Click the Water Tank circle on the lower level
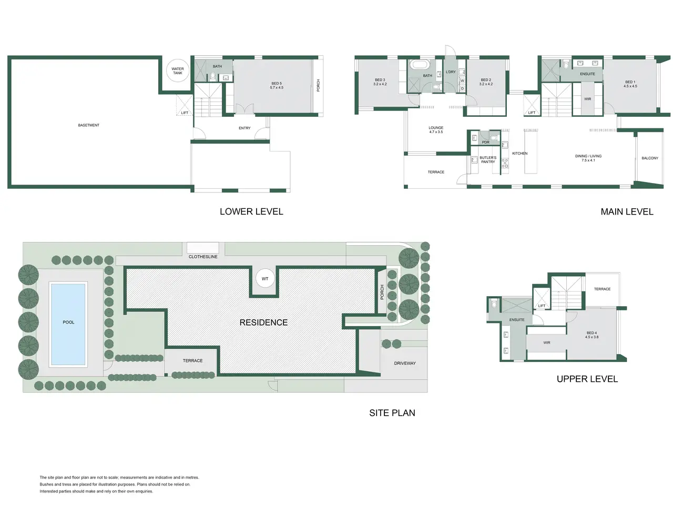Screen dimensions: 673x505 click(x=178, y=70)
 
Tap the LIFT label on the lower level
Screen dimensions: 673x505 click(x=185, y=113)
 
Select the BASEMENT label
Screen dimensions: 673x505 click(x=89, y=125)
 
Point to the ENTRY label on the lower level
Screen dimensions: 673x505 click(x=244, y=128)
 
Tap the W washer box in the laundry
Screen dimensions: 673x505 click(x=462, y=80)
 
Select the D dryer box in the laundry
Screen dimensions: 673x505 click(x=462, y=88)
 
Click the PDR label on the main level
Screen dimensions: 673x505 click(x=486, y=142)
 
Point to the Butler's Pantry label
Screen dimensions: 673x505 click(x=488, y=160)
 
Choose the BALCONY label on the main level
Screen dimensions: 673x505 click(x=650, y=158)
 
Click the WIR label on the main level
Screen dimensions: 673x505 click(x=587, y=99)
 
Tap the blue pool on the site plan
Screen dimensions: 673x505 click(x=68, y=325)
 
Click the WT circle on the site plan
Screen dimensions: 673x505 click(x=265, y=279)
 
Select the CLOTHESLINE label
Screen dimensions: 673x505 click(x=203, y=257)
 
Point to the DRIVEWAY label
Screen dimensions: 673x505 click(x=405, y=363)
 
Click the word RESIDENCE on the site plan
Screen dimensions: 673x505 click(x=263, y=322)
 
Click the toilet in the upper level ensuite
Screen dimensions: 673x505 click(x=494, y=304)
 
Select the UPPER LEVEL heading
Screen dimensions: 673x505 click(x=587, y=379)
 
